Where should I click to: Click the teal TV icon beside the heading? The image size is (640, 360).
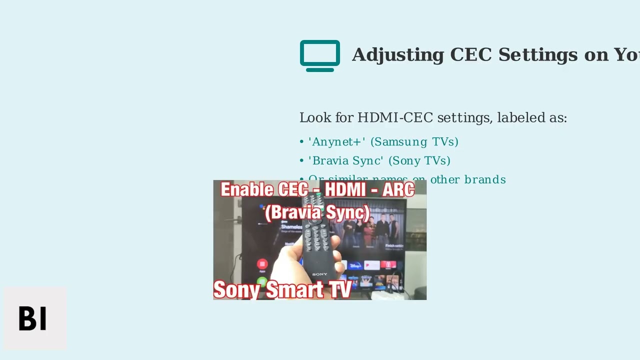pos(320,55)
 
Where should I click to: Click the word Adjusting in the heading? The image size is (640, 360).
pos(398,55)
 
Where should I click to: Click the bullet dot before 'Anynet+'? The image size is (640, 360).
pos(301,142)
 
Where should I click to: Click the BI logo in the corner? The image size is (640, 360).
pos(33,318)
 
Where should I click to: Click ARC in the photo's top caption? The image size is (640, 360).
pos(397,190)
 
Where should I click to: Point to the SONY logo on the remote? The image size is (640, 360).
pos(319,274)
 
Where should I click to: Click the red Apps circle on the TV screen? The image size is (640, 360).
pos(262,264)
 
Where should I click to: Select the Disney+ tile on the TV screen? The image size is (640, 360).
pos(355,265)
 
